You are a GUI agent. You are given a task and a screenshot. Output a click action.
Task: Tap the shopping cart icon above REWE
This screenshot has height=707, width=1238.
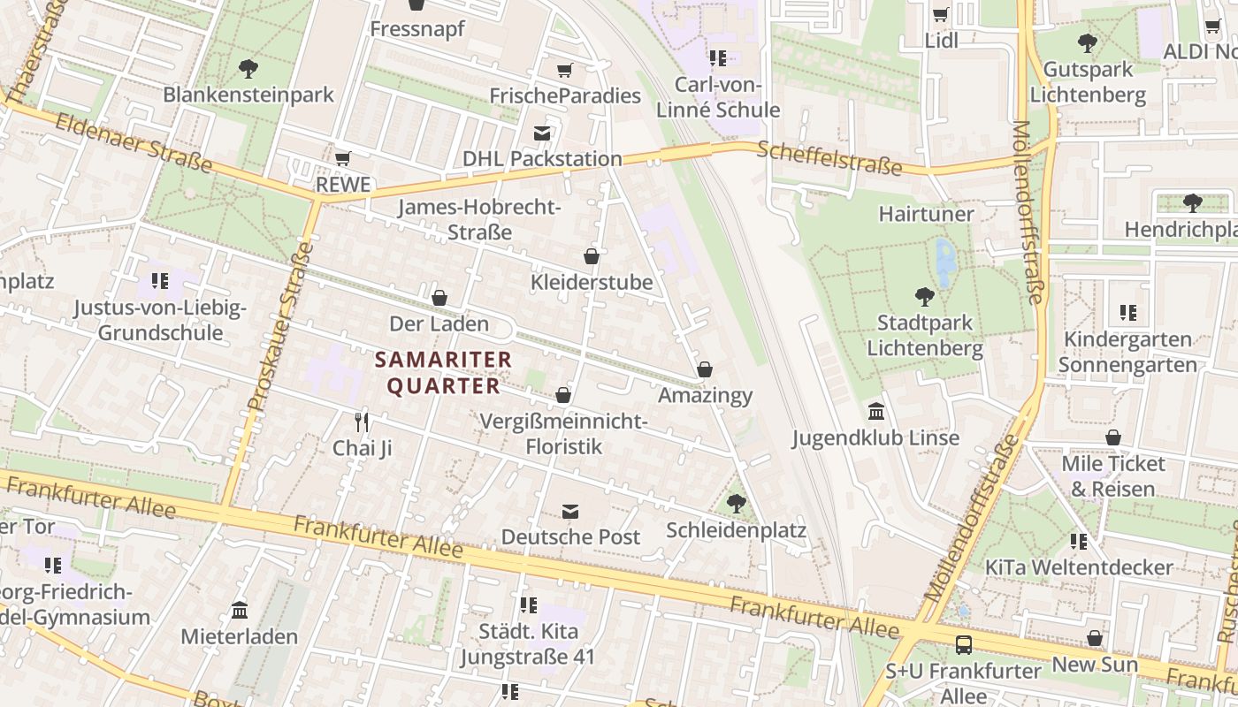(x=343, y=158)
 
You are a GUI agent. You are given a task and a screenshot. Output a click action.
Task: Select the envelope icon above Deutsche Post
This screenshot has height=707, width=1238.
(x=570, y=511)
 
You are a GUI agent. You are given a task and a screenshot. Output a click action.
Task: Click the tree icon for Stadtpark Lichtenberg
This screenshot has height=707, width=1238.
(x=925, y=296)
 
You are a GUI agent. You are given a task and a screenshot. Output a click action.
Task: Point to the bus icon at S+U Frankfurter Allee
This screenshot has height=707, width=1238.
(x=964, y=644)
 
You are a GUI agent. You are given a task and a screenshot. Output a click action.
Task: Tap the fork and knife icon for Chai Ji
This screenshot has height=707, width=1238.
(x=362, y=422)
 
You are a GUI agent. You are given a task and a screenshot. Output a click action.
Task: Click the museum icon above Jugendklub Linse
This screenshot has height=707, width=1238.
(x=876, y=411)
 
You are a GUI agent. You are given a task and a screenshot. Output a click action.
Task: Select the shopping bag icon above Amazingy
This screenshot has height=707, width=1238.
(x=705, y=369)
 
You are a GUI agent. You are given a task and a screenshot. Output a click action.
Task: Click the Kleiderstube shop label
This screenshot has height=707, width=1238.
(x=592, y=282)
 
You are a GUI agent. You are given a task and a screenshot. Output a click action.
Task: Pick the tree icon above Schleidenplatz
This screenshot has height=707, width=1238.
(x=736, y=504)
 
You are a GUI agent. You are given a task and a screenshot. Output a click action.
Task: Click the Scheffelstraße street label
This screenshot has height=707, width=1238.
(x=829, y=159)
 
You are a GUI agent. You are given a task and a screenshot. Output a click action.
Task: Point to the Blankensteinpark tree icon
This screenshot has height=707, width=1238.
(x=248, y=68)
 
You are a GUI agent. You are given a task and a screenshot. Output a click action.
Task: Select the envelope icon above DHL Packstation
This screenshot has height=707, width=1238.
(x=542, y=133)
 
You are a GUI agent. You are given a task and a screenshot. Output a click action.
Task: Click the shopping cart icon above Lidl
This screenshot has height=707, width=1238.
(x=941, y=14)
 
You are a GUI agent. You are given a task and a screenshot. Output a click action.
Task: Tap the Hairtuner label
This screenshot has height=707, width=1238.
(x=926, y=214)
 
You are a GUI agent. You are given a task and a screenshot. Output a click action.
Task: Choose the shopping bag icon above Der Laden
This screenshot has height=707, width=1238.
(x=439, y=298)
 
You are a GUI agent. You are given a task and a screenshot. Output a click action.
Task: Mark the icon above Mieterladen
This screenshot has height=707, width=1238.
(x=240, y=610)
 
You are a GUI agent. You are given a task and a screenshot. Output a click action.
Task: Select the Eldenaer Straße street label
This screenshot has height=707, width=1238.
(x=134, y=141)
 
